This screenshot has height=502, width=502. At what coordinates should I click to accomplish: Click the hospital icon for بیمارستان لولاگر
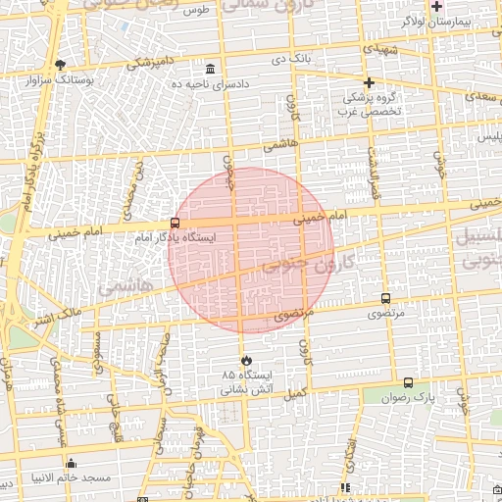pos(436,6)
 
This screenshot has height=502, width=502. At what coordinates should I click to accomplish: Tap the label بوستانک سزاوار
pos(60,79)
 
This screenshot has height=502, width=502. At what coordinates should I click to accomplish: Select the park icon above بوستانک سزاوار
pos(60,65)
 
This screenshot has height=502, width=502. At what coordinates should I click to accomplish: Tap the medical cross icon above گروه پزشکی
pos(369,82)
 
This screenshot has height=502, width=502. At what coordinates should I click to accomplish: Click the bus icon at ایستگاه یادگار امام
pos(175,223)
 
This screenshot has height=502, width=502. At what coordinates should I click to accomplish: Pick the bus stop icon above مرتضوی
pos(385,299)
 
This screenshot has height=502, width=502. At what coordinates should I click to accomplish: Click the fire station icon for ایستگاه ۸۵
pos(245,360)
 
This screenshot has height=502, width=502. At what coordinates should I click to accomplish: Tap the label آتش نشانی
pos(245,389)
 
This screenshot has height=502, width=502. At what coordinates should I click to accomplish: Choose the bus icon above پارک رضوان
pos(408,383)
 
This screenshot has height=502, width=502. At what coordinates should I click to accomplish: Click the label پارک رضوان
pos(409,398)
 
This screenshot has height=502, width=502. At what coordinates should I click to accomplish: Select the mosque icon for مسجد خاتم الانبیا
pos(70,464)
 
